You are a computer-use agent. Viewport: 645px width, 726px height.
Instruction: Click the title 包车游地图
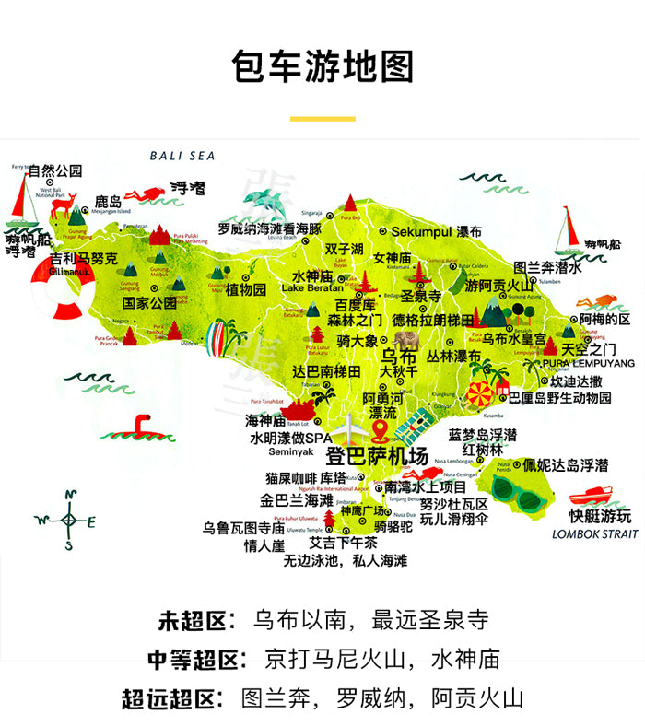click(x=322, y=68)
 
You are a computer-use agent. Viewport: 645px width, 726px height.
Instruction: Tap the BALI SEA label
click(x=182, y=157)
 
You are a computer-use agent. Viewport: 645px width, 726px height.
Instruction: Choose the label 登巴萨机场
click(x=378, y=456)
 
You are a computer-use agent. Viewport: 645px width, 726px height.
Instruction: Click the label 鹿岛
click(x=108, y=201)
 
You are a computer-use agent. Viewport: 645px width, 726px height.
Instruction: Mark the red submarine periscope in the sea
click(x=139, y=426)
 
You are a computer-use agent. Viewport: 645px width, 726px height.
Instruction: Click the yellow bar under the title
click(x=322, y=119)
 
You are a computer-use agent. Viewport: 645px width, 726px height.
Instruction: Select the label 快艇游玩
click(x=600, y=515)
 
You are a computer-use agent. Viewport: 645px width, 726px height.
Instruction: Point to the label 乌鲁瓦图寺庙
click(x=243, y=528)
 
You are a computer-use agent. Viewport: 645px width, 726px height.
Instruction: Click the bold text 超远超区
click(x=172, y=697)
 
